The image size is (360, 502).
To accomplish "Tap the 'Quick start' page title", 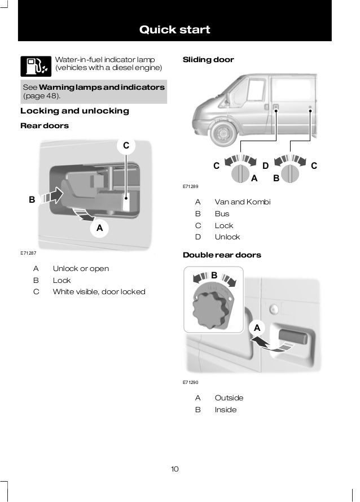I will click(x=175, y=29).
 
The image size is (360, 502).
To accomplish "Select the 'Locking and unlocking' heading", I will click(x=74, y=111).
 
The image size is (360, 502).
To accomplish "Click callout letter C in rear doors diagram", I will click(x=127, y=146).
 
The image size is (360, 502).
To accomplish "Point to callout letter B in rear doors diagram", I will click(x=32, y=199).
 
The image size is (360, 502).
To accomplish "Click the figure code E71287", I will click(x=28, y=254).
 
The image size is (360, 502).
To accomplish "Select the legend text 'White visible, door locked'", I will click(x=99, y=292).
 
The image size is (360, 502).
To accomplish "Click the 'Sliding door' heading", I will click(x=208, y=59).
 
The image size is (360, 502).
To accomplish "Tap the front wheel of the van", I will click(x=221, y=134).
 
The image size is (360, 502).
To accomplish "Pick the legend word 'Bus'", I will click(x=222, y=213).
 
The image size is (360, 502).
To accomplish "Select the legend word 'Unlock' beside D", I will click(x=227, y=237).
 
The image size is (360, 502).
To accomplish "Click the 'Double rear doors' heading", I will click(x=222, y=255).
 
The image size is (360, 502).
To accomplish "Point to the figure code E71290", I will click(x=191, y=382).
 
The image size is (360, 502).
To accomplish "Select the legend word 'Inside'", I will click(x=225, y=409).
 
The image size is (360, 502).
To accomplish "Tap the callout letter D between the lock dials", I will click(x=265, y=166).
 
